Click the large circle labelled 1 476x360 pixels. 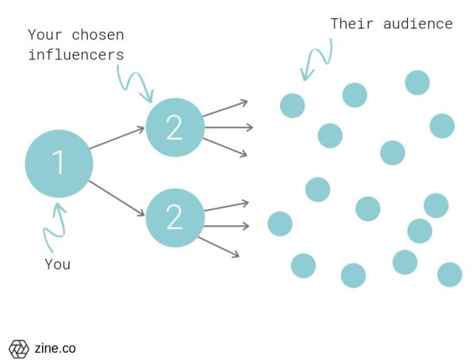point(59,163)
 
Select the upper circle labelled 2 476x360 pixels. point(175,128)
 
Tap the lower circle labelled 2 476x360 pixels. point(175,217)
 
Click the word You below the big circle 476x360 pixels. point(58,265)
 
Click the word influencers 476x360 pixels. point(76,55)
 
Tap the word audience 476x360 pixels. point(417,24)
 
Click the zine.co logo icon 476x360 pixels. point(18,348)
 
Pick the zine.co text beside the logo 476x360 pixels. point(55,348)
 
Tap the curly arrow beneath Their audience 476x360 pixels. point(316,61)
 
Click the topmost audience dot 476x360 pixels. point(417,82)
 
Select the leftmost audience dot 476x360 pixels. point(280,224)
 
